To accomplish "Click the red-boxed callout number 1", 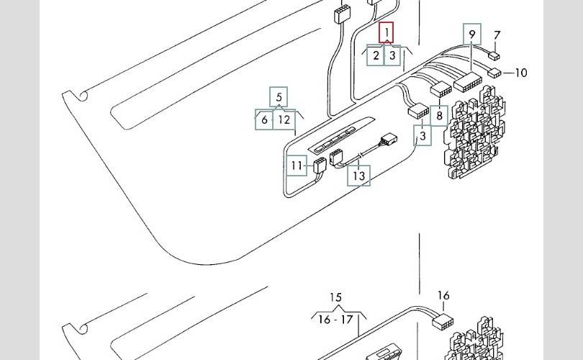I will click(387, 33).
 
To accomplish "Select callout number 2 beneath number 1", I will click(376, 55).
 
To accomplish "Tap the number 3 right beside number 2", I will click(392, 55).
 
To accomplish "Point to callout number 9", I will click(472, 35).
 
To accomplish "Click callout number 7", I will click(497, 35).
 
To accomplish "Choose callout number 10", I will click(521, 73).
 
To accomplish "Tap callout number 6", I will click(265, 120).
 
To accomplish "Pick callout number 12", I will click(284, 120).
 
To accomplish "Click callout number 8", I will click(438, 115).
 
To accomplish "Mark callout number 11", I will click(297, 166).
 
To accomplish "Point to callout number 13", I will click(359, 176).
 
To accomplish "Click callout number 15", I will click(335, 297).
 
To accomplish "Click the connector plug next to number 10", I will click(494, 73).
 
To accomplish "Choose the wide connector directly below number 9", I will click(467, 82).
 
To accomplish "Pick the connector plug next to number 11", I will click(318, 166).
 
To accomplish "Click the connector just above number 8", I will click(439, 91).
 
